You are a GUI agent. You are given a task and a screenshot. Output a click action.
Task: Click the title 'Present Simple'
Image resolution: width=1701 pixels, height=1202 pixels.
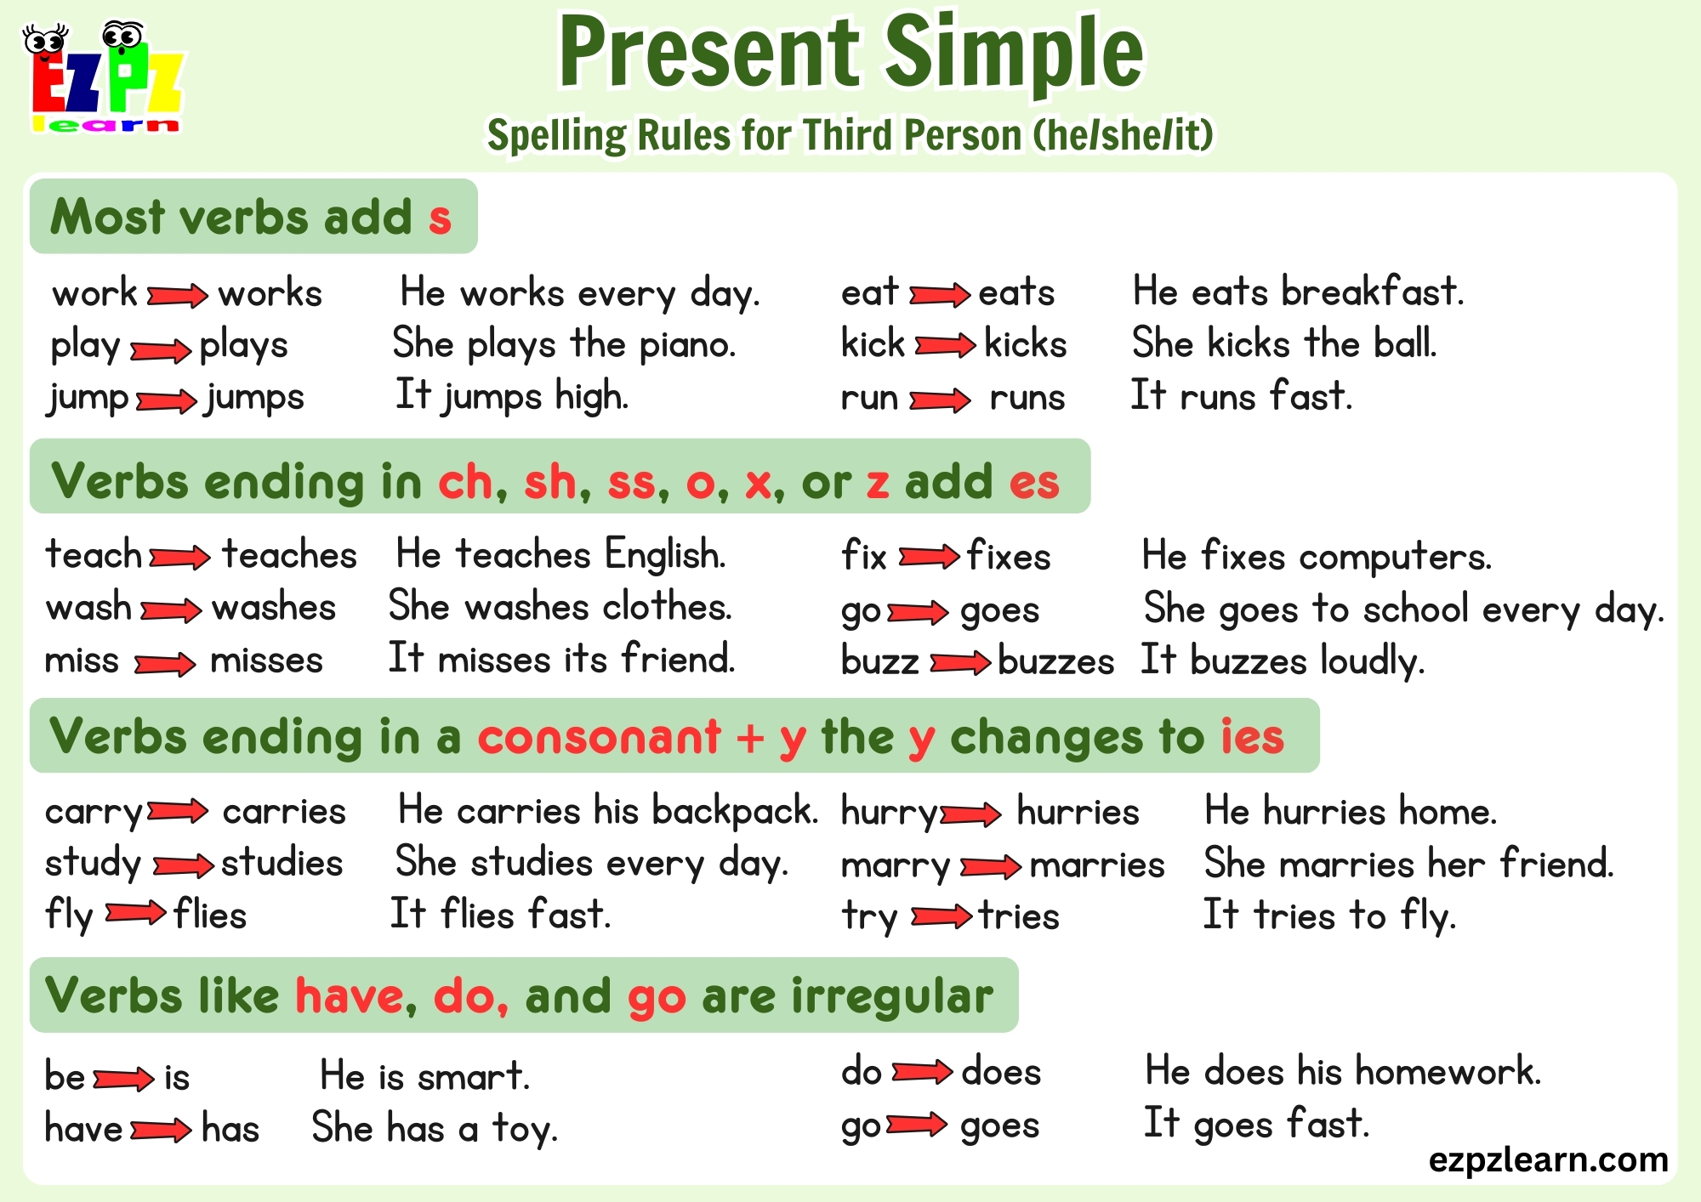851,53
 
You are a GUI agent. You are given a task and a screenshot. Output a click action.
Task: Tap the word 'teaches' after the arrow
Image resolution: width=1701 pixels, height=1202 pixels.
289,555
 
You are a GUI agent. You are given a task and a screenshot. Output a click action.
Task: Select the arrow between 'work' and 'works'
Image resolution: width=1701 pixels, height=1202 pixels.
177,296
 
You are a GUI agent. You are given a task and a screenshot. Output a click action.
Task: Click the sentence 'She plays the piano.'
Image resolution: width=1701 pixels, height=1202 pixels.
564,344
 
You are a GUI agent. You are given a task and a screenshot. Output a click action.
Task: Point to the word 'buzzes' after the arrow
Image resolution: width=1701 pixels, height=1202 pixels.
1055,661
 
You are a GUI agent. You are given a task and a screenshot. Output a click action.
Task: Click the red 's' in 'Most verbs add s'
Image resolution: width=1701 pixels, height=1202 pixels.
440,218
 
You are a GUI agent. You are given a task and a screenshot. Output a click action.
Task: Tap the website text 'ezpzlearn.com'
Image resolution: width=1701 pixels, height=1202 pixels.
1548,1159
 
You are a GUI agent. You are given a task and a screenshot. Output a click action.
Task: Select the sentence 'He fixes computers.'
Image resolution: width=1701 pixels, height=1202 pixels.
1317,557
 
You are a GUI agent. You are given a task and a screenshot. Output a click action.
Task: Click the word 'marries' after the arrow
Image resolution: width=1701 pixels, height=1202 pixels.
1097,865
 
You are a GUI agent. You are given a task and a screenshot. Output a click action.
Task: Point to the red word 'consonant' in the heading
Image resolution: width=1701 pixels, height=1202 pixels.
599,736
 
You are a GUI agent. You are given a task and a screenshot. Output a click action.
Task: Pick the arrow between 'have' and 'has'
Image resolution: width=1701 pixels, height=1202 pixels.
161,1130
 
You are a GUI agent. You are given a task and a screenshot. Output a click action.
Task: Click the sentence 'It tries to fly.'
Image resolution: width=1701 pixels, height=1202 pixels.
1329,916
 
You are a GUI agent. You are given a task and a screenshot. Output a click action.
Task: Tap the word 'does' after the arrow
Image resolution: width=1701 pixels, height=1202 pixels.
1001,1072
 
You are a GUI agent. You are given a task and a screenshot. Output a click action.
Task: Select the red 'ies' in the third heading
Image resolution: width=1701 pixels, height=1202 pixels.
1252,736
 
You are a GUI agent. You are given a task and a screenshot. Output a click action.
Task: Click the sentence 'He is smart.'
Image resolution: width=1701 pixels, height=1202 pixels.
425,1076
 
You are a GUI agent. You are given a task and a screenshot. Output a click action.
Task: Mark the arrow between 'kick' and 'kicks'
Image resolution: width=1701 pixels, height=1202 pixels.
944,345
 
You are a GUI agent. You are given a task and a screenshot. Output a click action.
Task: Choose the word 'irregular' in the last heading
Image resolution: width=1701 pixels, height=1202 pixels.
892,995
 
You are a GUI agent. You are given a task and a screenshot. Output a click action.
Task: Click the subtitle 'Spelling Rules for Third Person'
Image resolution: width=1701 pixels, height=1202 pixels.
850,135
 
